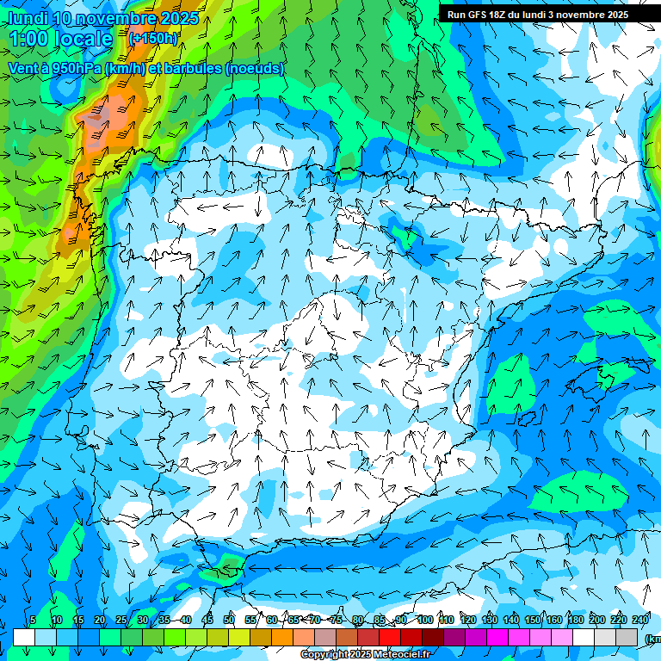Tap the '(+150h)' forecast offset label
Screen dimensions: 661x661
[x=153, y=39]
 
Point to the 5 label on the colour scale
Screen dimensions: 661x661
[x=33, y=621]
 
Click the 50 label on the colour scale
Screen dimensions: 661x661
[x=229, y=621]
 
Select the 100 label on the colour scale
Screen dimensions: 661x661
[x=424, y=621]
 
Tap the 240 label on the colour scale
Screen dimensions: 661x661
[x=640, y=621]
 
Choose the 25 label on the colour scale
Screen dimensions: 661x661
[x=120, y=621]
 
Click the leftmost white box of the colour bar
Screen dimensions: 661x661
[x=24, y=637]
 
